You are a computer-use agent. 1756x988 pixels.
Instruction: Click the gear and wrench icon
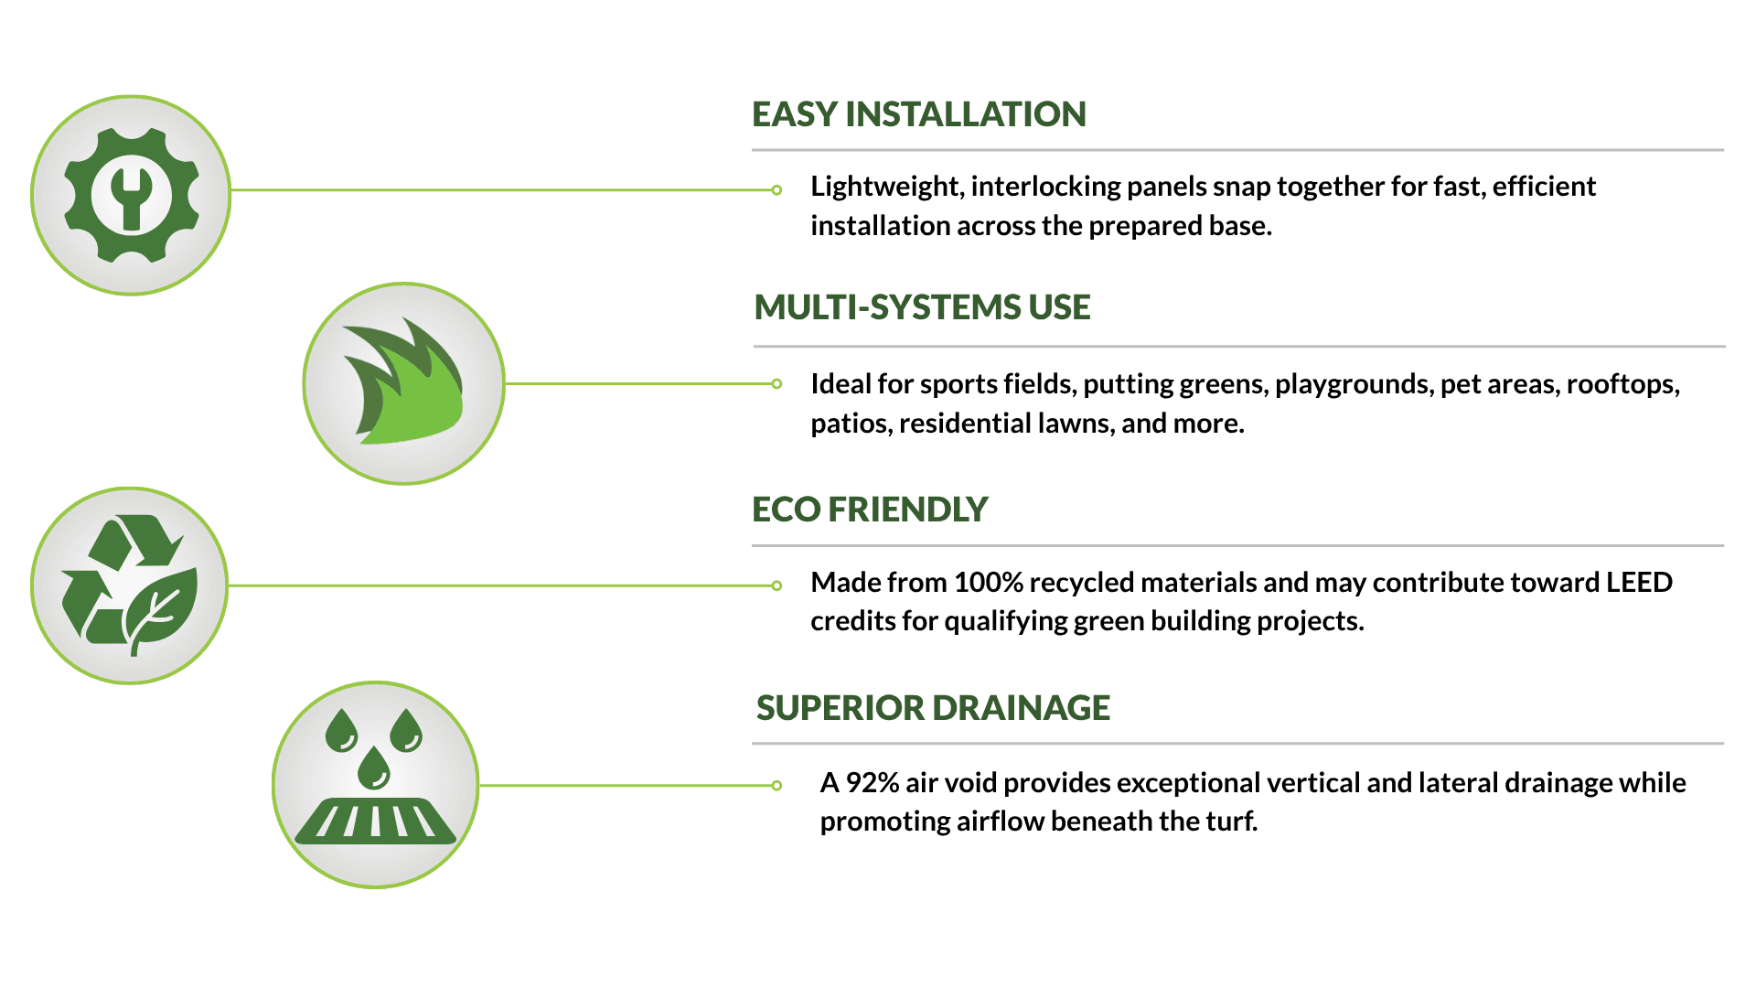click(x=131, y=195)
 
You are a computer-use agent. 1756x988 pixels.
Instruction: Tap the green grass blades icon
click(x=403, y=382)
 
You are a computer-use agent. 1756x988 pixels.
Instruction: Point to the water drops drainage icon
click(x=375, y=776)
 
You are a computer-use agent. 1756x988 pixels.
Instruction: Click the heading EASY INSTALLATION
click(x=918, y=114)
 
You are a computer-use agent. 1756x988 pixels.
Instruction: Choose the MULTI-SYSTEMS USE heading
click(x=922, y=307)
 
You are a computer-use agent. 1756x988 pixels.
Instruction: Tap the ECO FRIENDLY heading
click(x=870, y=510)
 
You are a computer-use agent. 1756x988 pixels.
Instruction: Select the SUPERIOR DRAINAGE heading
click(x=933, y=708)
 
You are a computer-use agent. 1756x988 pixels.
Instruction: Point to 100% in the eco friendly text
click(x=988, y=583)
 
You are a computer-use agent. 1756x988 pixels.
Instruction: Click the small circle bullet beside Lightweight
click(x=776, y=190)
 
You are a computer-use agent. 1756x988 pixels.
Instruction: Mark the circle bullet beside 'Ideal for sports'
click(x=776, y=384)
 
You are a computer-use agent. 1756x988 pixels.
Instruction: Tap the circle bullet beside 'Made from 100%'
click(x=776, y=585)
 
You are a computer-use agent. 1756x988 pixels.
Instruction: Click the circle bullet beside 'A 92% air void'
click(x=776, y=785)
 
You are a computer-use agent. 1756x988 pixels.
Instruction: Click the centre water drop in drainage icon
click(x=374, y=768)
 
